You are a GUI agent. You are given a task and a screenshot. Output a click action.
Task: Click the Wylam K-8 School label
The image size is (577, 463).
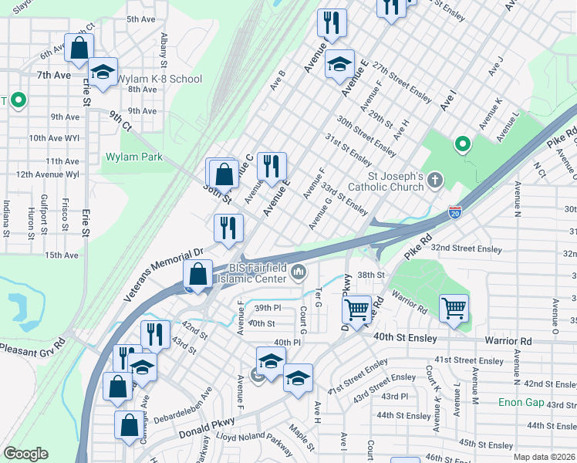click(162, 79)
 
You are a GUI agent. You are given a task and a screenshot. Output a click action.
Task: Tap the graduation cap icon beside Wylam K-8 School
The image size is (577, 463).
click(103, 73)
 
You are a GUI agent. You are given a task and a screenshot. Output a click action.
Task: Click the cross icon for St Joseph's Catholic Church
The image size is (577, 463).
click(435, 181)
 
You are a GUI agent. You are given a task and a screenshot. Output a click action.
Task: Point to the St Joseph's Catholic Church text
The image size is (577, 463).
click(386, 181)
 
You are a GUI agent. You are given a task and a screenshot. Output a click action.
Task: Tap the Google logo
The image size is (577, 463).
click(25, 454)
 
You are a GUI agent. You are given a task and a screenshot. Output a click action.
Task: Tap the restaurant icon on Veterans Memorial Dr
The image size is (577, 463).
click(228, 228)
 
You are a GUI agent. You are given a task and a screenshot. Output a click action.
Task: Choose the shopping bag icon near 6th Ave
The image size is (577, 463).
click(79, 48)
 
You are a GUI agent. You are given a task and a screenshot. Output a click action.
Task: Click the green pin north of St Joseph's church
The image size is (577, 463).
click(462, 144)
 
